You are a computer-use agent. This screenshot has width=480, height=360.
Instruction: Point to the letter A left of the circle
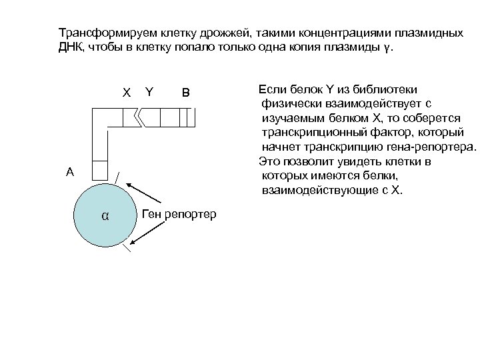click(x=70, y=172)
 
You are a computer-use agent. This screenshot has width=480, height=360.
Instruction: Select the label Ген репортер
click(x=179, y=214)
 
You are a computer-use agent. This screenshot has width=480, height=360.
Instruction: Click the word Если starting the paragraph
click(x=270, y=89)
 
